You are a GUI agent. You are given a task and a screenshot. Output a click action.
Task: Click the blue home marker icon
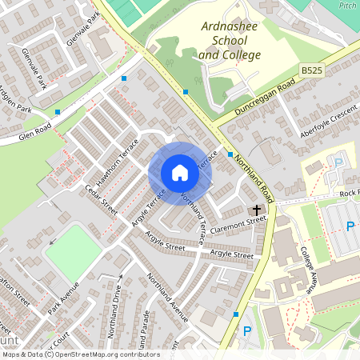click(180, 173)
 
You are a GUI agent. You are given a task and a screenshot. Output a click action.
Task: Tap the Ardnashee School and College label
click(230, 42)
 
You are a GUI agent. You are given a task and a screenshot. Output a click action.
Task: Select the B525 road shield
click(313, 71)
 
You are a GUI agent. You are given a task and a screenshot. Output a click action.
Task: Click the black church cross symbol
click(258, 208)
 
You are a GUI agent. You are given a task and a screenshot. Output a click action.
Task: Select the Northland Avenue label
click(167, 297)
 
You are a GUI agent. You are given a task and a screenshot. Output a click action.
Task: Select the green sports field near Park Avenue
click(73, 252)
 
